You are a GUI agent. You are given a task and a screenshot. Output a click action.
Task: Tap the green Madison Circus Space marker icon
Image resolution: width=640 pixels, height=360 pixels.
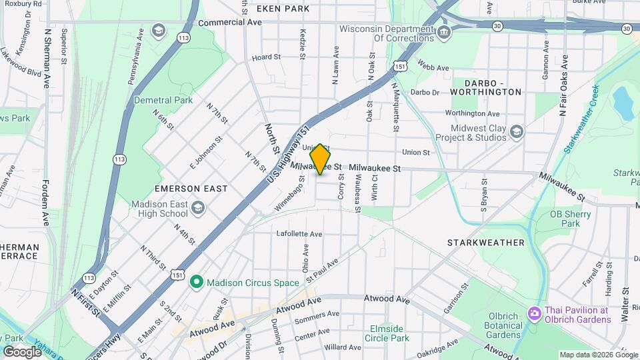tap(196, 283)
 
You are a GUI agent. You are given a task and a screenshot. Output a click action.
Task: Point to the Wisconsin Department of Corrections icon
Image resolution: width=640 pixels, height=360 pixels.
tap(443, 33)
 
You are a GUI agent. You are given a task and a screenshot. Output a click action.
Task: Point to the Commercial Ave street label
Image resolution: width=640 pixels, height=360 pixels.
tap(230, 22)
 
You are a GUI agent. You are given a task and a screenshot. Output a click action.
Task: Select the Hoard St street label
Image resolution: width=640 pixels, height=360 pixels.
tap(266, 57)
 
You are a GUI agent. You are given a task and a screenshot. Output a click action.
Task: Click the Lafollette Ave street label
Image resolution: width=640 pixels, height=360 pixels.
tap(299, 234)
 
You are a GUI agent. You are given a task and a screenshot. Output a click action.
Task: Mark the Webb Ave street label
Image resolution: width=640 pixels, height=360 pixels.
tap(431, 65)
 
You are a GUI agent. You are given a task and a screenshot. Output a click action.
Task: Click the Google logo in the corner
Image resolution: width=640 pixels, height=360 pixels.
tap(22, 351)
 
